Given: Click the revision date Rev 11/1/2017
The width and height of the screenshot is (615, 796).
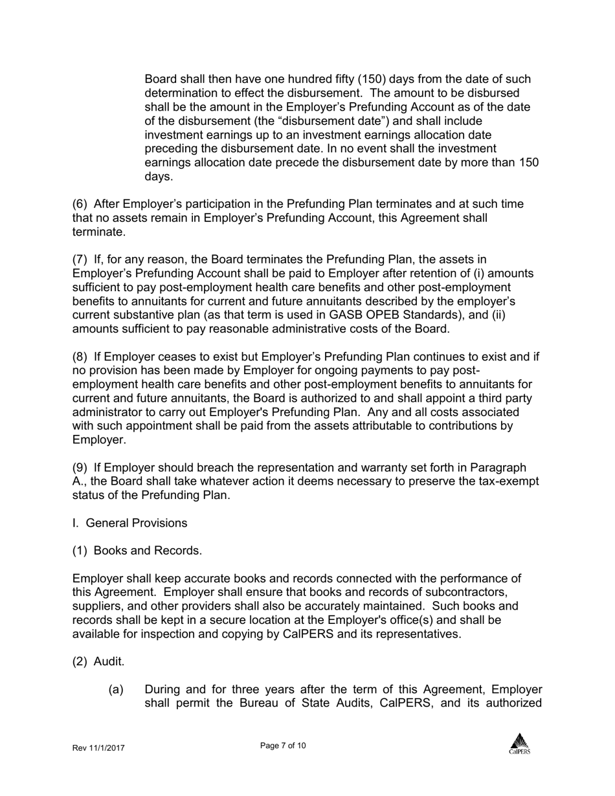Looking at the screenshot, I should [x=98, y=748].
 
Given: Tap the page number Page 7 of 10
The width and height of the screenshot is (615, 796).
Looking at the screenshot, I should [x=283, y=746].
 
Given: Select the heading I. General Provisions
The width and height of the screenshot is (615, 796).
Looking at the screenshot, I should [x=129, y=523].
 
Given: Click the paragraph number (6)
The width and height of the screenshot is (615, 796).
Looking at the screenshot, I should [x=80, y=205].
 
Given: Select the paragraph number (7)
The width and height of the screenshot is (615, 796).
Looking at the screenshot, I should [x=80, y=260].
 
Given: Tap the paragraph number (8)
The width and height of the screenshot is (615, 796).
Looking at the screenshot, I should [x=80, y=357].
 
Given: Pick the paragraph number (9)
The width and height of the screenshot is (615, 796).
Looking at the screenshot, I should [x=80, y=468].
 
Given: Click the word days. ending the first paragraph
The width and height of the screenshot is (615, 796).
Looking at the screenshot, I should [x=158, y=177].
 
